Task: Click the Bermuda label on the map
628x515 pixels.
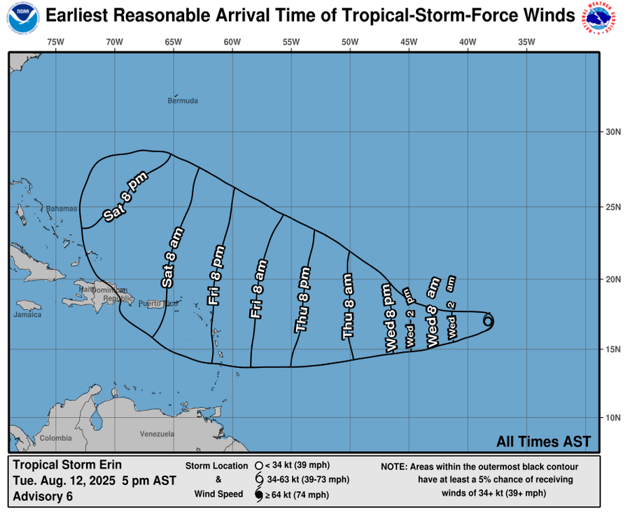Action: tap(183, 101)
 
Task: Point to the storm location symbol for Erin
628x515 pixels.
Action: tap(488, 321)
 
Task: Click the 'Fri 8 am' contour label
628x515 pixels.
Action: tap(258, 290)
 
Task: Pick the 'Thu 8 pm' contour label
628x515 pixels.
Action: tap(302, 299)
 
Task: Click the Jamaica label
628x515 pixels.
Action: tap(27, 316)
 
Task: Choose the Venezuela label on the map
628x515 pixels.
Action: tap(157, 435)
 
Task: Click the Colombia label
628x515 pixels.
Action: tap(55, 438)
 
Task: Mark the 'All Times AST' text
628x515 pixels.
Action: tap(543, 442)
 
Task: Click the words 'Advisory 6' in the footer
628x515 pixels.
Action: tap(42, 497)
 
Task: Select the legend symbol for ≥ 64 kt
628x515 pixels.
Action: tap(258, 495)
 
